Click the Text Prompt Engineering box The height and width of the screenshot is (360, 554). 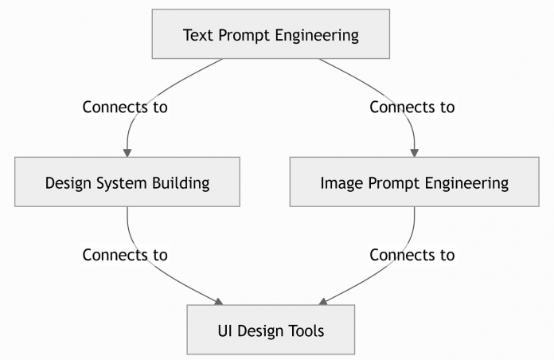271,34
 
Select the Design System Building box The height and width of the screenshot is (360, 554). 127,182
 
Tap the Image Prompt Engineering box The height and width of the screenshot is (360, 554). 414,182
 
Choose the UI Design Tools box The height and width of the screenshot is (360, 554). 271,330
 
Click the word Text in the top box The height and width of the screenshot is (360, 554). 198,35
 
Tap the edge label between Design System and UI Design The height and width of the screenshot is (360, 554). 125,256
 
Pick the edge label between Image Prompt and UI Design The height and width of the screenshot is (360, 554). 412,256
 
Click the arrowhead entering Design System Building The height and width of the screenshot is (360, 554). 127,152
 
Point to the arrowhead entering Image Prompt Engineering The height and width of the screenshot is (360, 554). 414,152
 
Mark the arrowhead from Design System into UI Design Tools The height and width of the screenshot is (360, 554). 217,300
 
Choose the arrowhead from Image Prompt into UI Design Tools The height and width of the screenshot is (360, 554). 323,300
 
